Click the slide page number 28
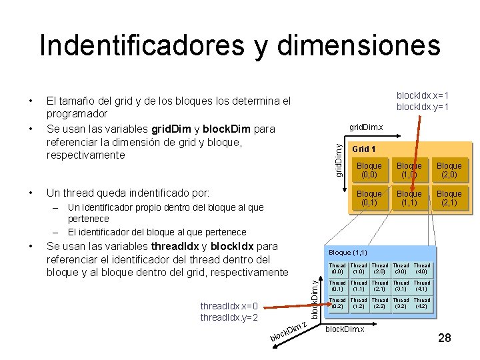tap(445, 338)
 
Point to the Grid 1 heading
tap(364, 149)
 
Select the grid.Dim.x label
tap(367, 127)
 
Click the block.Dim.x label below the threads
tap(344, 330)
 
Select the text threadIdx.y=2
tap(229, 317)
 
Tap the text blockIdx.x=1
tap(423, 95)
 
